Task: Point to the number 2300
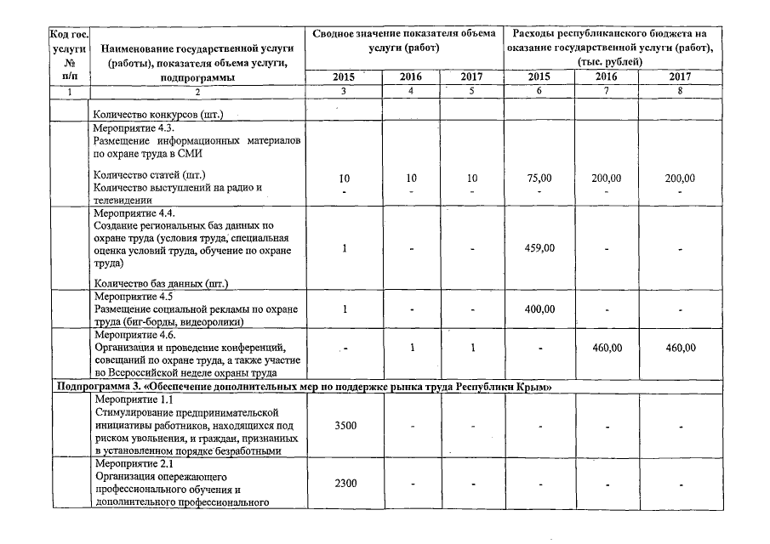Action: [x=345, y=484]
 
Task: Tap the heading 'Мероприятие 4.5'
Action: [x=133, y=297]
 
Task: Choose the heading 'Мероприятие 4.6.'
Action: [x=134, y=335]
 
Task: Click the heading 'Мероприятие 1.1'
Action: [x=133, y=399]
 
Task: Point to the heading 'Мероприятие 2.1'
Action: [x=133, y=464]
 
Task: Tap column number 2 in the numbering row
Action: [x=197, y=91]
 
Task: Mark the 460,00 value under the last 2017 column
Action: [x=679, y=348]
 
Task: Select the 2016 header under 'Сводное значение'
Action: [x=410, y=76]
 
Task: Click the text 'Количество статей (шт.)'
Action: [x=148, y=175]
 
